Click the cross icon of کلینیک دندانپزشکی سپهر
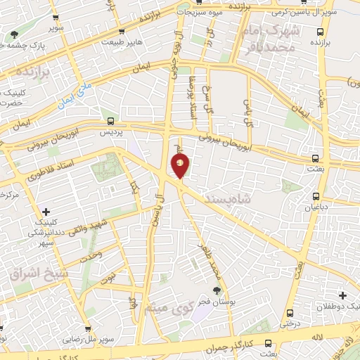coord(46,211)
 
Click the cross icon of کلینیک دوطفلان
coord(342,295)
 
